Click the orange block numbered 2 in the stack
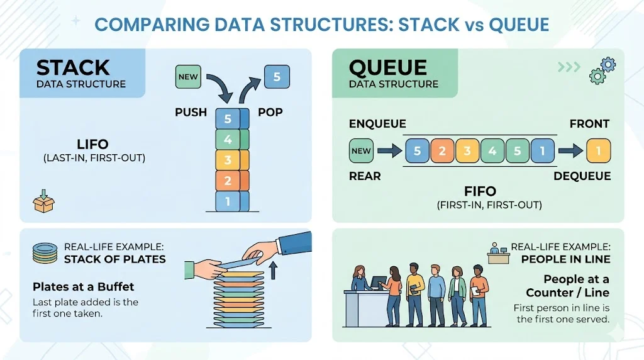coord(228,181)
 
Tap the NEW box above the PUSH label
coord(188,77)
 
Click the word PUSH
coord(191,112)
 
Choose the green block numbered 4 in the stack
coord(228,138)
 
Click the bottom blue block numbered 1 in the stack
coord(228,201)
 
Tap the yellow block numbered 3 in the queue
coord(467,150)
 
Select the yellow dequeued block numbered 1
coord(598,150)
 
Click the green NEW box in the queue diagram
coord(361,150)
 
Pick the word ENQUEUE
coord(377,124)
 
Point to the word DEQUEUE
coord(582,176)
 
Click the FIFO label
coord(480,191)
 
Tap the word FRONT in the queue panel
coord(590,124)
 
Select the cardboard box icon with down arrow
coord(43,201)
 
